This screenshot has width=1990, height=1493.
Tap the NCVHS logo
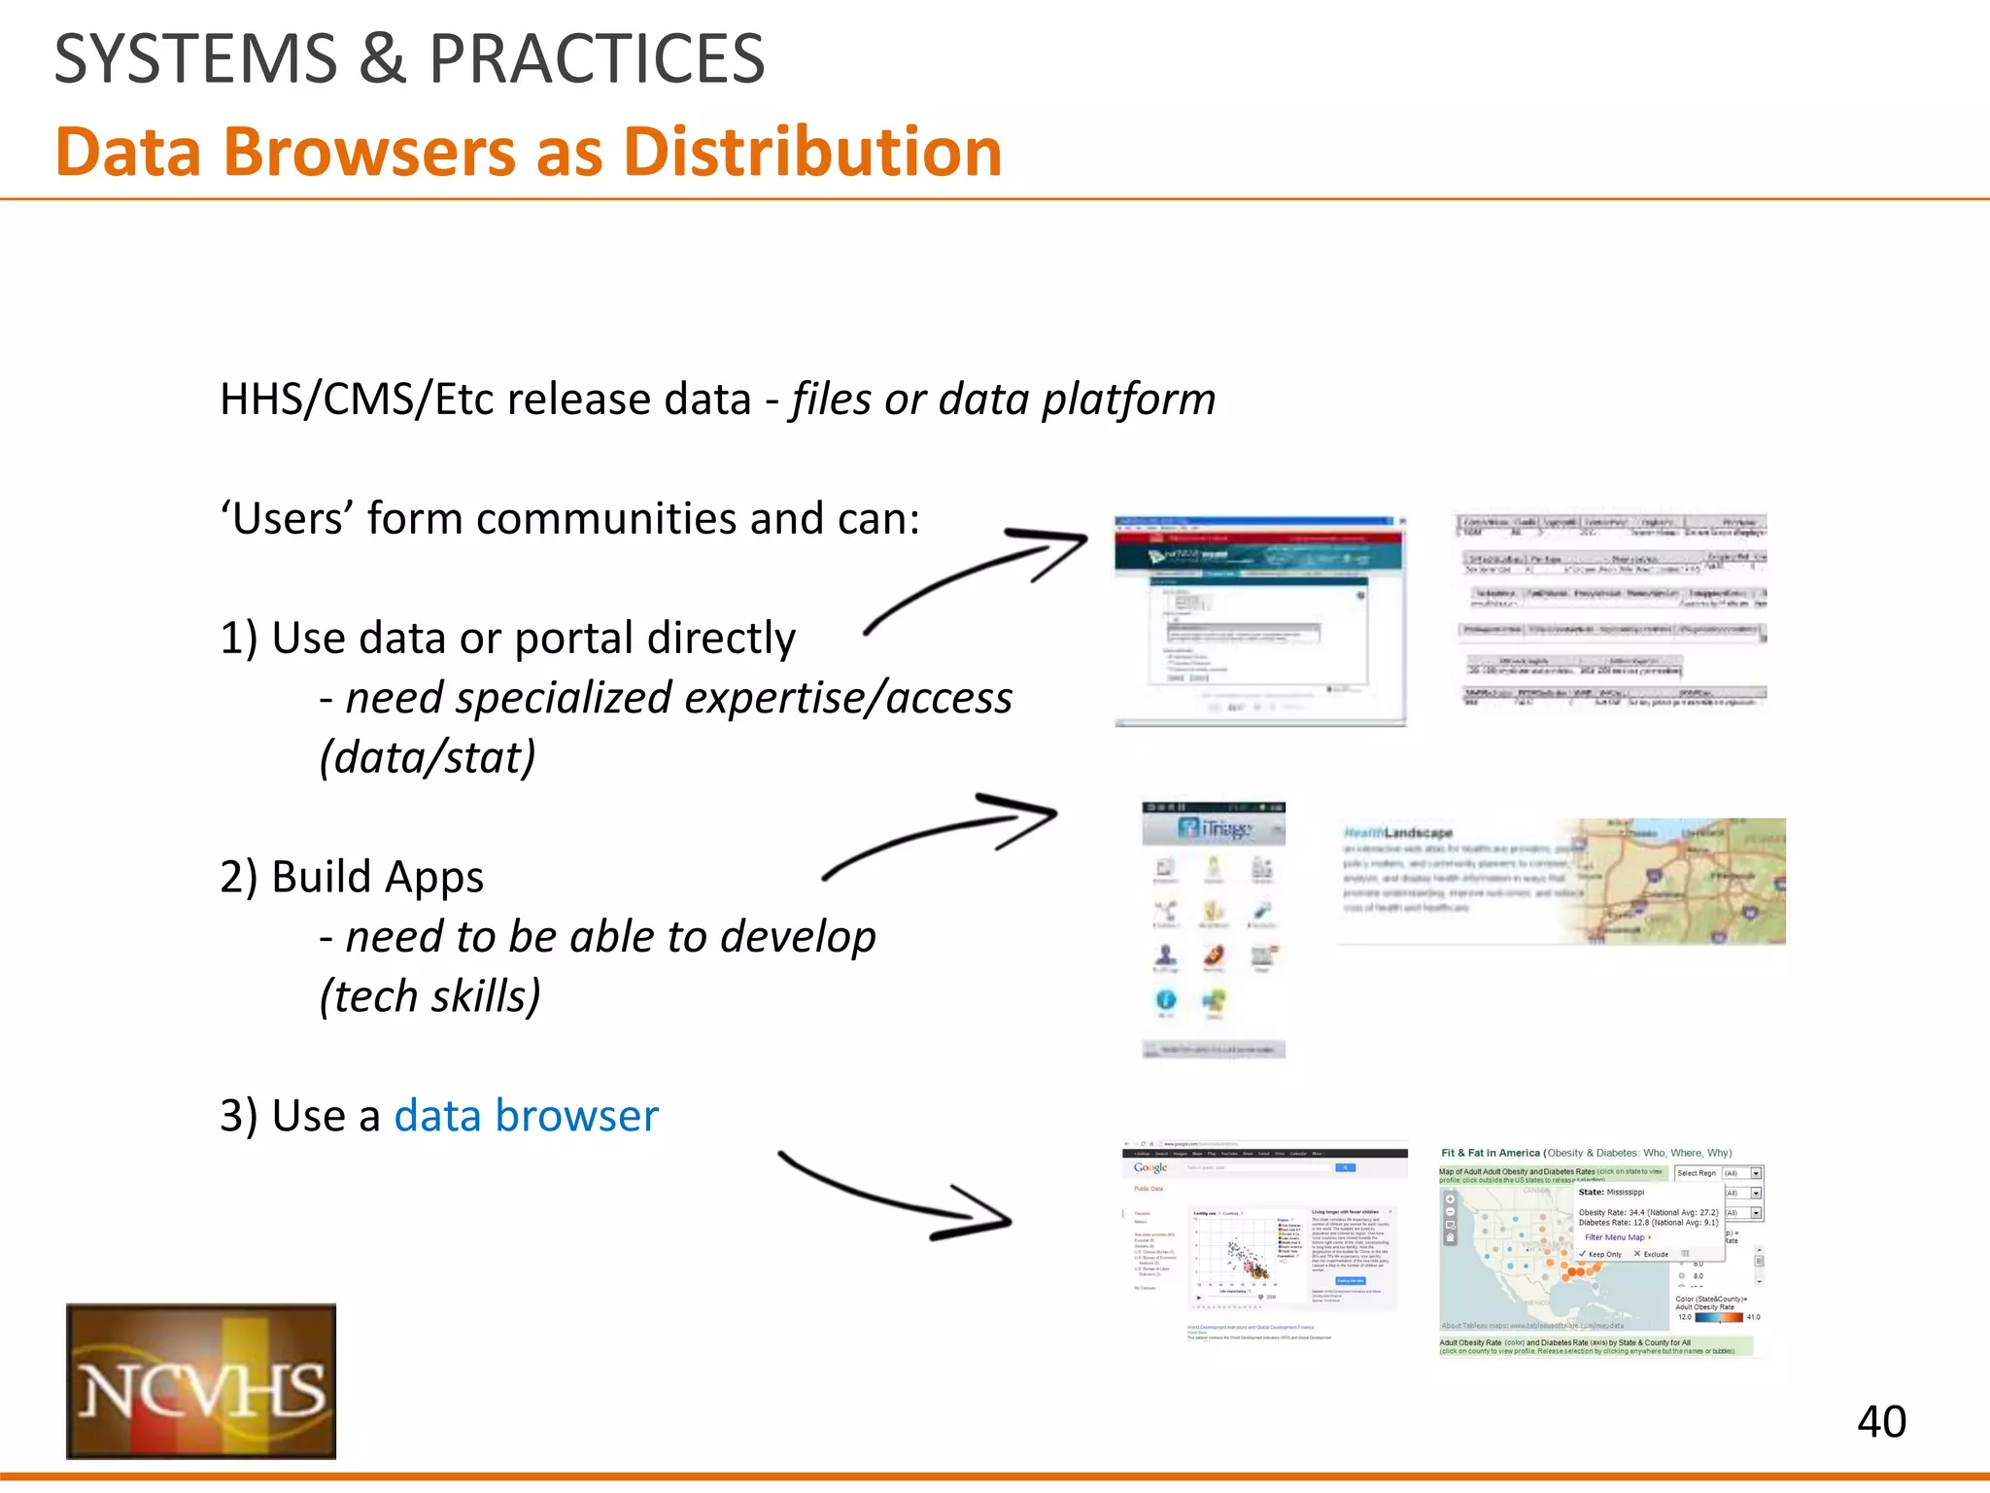point(201,1380)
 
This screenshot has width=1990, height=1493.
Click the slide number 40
point(1881,1422)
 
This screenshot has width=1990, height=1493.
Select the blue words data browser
point(526,1116)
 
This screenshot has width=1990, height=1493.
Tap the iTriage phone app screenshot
point(1214,929)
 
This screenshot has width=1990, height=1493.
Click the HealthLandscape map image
point(1561,881)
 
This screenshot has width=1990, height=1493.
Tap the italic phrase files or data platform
point(1003,399)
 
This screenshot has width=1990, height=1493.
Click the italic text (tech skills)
point(429,996)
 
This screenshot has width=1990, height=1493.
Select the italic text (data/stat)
point(428,757)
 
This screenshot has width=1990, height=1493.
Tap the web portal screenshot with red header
point(1260,621)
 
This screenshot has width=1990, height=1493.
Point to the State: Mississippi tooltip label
point(1611,1192)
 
